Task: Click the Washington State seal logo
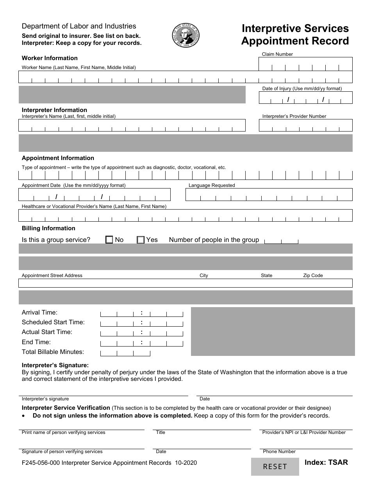[185, 35]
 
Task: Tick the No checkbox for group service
[109, 240]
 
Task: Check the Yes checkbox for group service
[141, 240]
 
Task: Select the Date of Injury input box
[306, 98]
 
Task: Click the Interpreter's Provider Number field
[306, 125]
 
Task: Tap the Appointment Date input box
[95, 195]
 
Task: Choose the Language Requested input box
[269, 195]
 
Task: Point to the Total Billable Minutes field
[125, 352]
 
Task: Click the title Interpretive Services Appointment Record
[295, 35]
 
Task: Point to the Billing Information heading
[48, 228]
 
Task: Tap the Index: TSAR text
[326, 462]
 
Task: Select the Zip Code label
[313, 276]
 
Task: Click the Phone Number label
[279, 452]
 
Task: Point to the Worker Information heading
[50, 58]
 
